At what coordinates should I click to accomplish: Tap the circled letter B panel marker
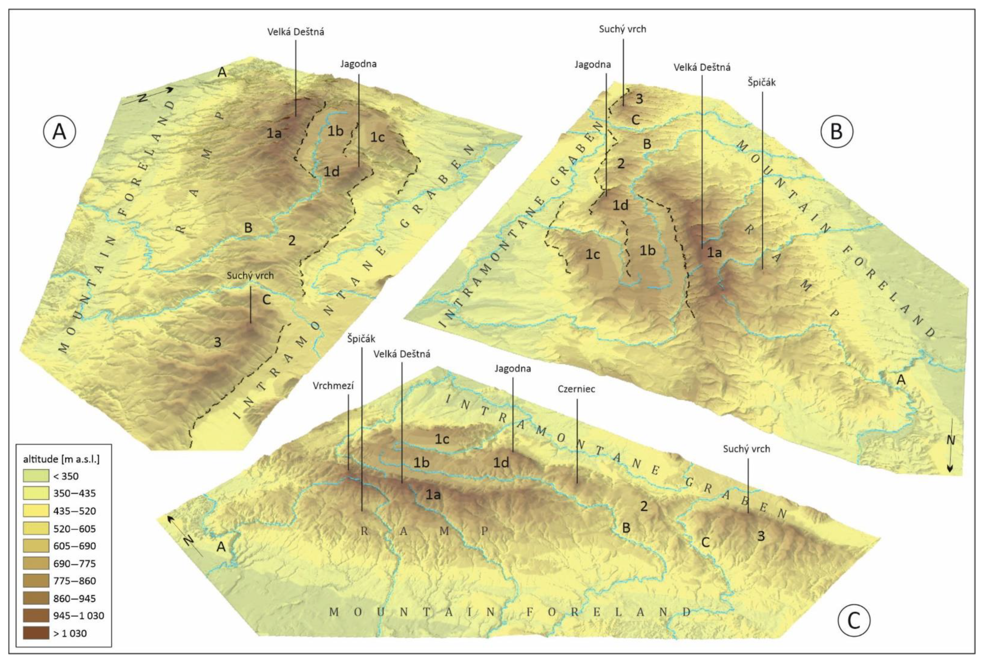pyautogui.click(x=836, y=132)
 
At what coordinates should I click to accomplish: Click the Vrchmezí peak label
pyautogui.click(x=333, y=385)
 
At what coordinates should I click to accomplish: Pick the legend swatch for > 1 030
pyautogui.click(x=35, y=633)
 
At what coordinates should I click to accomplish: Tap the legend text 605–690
pyautogui.click(x=74, y=546)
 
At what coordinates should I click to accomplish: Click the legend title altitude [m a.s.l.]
pyautogui.click(x=61, y=459)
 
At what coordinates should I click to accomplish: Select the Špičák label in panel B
pyautogui.click(x=762, y=83)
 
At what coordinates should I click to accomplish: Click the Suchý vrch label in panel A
pyautogui.click(x=250, y=276)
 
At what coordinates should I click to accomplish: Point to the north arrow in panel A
pyautogui.click(x=147, y=95)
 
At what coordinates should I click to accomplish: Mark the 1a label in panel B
pyautogui.click(x=714, y=252)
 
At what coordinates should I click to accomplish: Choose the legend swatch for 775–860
pyautogui.click(x=35, y=581)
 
